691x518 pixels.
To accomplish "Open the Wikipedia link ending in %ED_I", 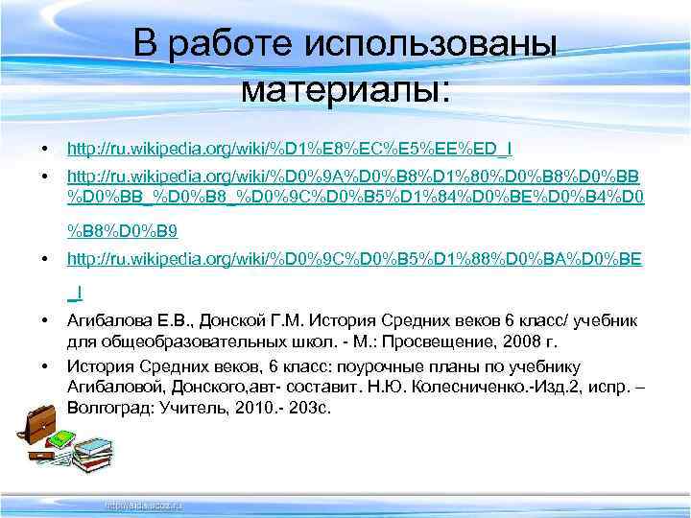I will click(288, 149).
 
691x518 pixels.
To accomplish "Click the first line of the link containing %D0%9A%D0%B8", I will click(354, 178).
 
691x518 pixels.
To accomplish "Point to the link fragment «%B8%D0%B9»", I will click(122, 230).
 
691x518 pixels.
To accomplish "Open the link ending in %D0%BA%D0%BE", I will click(354, 260).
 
